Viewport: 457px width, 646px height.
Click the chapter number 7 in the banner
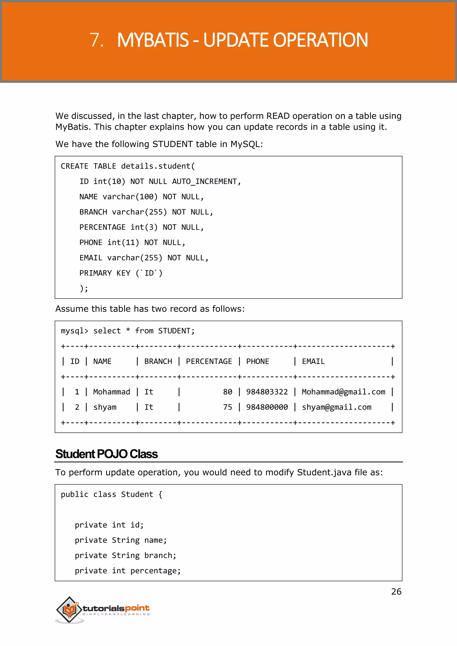tap(96, 40)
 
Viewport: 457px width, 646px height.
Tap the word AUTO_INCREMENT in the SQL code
tap(205, 182)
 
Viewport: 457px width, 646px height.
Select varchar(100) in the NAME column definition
tap(130, 197)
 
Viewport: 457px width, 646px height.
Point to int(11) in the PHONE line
tap(123, 242)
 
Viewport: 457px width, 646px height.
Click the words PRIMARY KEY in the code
tap(105, 273)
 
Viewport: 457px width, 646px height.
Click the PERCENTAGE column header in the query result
tap(209, 362)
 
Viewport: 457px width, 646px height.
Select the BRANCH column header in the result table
tap(158, 362)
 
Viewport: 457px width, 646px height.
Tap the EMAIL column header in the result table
tap(313, 362)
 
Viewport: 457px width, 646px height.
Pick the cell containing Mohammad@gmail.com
tap(343, 392)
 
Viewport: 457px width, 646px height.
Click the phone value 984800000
tap(267, 407)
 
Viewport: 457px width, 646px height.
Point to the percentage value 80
tap(227, 392)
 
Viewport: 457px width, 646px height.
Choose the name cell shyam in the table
tap(105, 407)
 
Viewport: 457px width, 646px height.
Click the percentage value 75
tap(227, 407)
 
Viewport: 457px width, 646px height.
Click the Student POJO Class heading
tap(106, 454)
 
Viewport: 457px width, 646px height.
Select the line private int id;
tap(109, 525)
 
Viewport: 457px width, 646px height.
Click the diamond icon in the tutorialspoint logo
tap(69, 609)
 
